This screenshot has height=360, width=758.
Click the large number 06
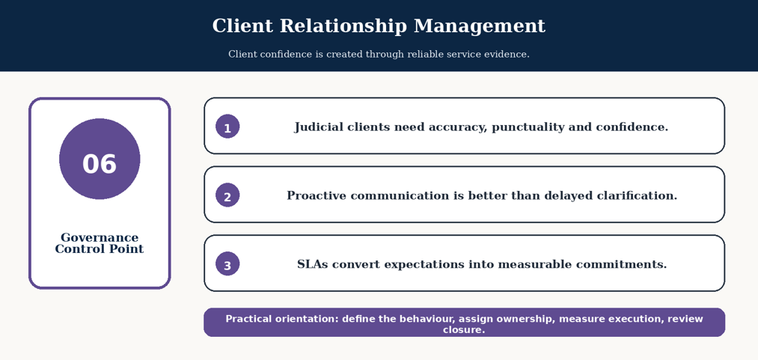coord(100,164)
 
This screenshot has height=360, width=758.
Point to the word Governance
coord(100,238)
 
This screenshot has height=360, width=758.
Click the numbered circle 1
coord(227,126)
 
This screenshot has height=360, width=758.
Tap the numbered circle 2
coord(227,195)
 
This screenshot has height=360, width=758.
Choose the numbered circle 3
coord(227,264)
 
